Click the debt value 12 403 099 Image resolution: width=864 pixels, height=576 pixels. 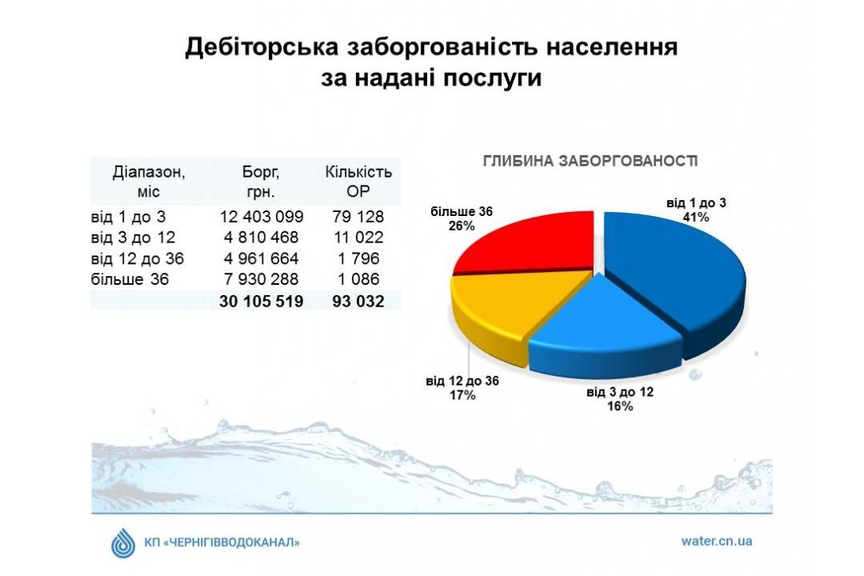261,217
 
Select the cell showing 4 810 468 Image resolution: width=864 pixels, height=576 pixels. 261,238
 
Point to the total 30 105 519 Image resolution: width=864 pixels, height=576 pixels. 261,302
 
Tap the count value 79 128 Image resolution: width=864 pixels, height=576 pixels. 358,217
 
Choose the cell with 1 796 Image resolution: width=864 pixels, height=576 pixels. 358,258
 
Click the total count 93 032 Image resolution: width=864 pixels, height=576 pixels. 358,302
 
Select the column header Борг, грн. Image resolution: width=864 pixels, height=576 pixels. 261,182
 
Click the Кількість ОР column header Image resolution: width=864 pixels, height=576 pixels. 358,182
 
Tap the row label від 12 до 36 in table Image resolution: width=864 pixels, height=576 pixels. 138,258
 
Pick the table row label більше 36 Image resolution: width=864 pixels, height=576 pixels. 130,279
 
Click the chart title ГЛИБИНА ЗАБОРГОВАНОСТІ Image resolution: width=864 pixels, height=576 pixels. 590,161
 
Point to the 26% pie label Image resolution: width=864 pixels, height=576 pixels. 462,226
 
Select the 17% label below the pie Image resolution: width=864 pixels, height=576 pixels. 462,395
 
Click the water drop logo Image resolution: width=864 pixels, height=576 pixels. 123,543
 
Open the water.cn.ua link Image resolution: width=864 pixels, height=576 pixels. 716,542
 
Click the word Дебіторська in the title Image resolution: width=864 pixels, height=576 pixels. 261,47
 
